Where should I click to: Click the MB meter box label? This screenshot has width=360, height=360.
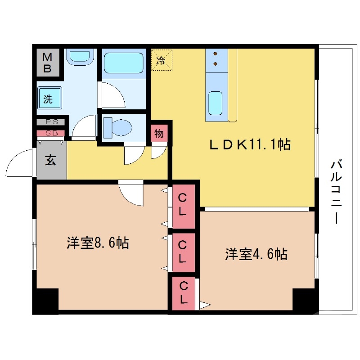click(x=47, y=63)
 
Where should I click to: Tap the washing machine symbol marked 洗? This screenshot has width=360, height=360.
click(x=49, y=99)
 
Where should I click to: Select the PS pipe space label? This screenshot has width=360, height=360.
click(x=50, y=122)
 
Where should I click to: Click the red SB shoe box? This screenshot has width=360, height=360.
click(x=50, y=133)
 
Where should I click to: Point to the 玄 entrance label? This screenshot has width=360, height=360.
click(x=50, y=161)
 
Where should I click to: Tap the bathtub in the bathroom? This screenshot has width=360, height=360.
click(x=123, y=63)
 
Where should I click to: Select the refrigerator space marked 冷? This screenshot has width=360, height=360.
click(x=161, y=60)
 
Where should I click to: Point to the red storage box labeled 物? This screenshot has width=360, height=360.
click(x=159, y=134)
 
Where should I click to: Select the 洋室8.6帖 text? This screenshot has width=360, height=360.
click(x=98, y=243)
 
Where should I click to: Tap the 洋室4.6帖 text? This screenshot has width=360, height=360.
click(x=256, y=254)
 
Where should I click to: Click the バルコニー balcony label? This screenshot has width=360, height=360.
click(x=336, y=191)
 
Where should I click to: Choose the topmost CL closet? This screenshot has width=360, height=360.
click(x=183, y=205)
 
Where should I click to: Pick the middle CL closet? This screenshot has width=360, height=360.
click(x=183, y=252)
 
